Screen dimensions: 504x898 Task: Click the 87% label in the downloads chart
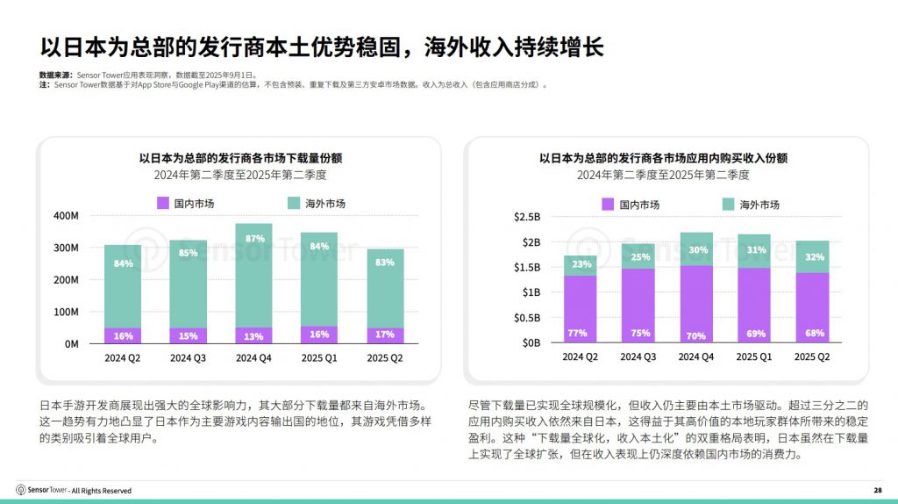click(x=255, y=239)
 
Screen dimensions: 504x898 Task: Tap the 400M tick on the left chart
click(x=67, y=215)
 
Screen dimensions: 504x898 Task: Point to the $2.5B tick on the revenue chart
click(x=527, y=217)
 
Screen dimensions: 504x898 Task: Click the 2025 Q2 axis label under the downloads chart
click(x=386, y=358)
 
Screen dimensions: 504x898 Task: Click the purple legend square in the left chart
click(x=162, y=204)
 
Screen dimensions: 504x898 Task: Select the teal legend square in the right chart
click(x=728, y=205)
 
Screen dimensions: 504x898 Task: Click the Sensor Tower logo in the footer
click(x=21, y=490)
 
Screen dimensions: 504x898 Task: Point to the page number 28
click(x=878, y=490)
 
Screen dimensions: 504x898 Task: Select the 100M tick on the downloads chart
click(x=67, y=312)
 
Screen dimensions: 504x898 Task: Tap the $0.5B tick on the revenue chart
click(x=527, y=317)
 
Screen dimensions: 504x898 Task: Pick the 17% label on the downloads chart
click(x=386, y=335)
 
